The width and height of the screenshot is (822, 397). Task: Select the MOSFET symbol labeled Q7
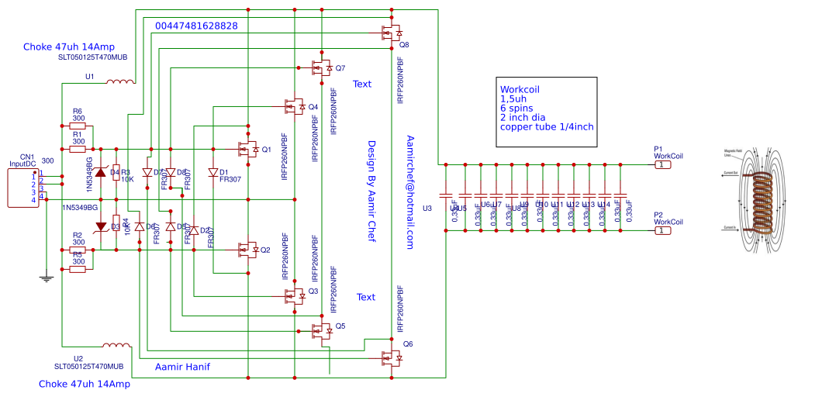pyautogui.click(x=322, y=68)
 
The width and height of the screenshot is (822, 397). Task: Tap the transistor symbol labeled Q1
pyautogui.click(x=248, y=148)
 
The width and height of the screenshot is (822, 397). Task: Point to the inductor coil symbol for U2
pyautogui.click(x=117, y=345)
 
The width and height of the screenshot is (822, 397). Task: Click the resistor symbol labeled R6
pyautogui.click(x=78, y=125)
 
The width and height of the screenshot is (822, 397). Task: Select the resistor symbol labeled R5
pyautogui.click(x=78, y=270)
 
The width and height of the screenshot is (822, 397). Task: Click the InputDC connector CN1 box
pyautogui.click(x=23, y=188)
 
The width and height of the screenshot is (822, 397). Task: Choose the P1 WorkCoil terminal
pyautogui.click(x=661, y=164)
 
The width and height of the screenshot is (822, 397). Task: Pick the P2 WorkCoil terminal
pyautogui.click(x=661, y=230)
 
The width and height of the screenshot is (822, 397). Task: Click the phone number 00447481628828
pyautogui.click(x=196, y=26)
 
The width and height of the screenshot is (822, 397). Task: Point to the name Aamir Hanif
pyautogui.click(x=183, y=366)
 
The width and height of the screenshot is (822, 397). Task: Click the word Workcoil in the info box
pyautogui.click(x=520, y=89)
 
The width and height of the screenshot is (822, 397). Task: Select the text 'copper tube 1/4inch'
pyautogui.click(x=547, y=126)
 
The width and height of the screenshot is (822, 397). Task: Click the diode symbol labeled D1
pyautogui.click(x=212, y=173)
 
